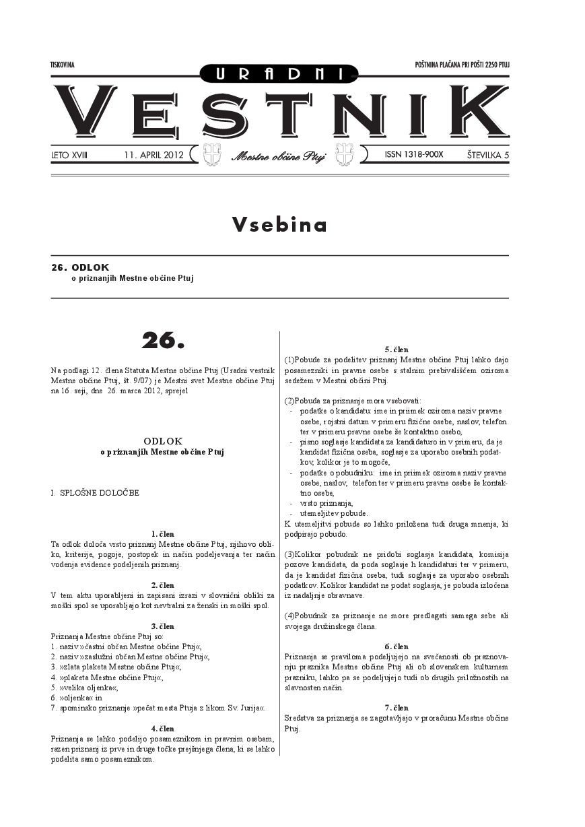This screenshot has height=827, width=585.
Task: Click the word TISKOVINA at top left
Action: pyautogui.click(x=62, y=65)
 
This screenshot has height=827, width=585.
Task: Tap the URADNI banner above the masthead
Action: pyautogui.click(x=279, y=74)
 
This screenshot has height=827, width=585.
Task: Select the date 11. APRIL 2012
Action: pyautogui.click(x=154, y=155)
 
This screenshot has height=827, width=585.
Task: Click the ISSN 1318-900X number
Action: pyautogui.click(x=414, y=154)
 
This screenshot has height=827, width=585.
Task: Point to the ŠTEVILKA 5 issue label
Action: pyautogui.click(x=487, y=155)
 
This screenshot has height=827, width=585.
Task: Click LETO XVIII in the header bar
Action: pyautogui.click(x=69, y=155)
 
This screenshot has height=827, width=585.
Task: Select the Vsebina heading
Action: pyautogui.click(x=279, y=225)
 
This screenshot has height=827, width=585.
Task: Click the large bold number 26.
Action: pyautogui.click(x=163, y=341)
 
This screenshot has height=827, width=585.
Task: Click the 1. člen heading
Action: pyautogui.click(x=163, y=533)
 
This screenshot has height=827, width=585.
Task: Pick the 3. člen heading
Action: pyautogui.click(x=163, y=626)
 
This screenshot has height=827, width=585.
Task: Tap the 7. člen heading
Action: pyautogui.click(x=397, y=708)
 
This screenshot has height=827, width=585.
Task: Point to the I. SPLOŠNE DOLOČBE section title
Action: pyautogui.click(x=95, y=493)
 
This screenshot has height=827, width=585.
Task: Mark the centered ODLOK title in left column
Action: pyautogui.click(x=163, y=441)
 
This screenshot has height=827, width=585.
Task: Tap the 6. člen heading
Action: pyautogui.click(x=397, y=647)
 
